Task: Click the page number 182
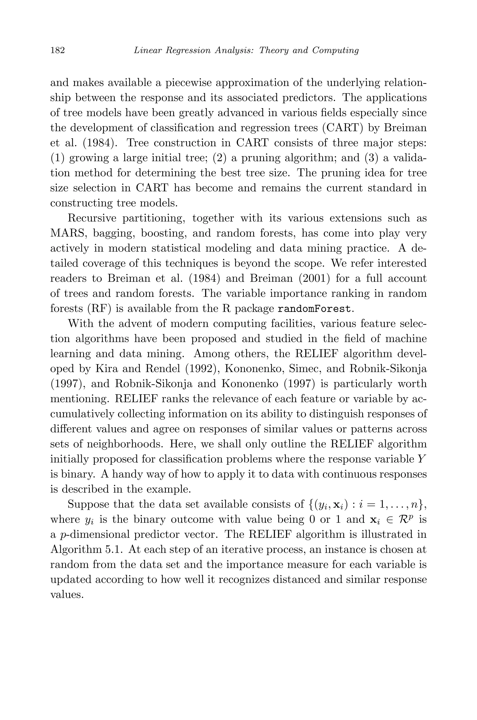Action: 58,50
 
